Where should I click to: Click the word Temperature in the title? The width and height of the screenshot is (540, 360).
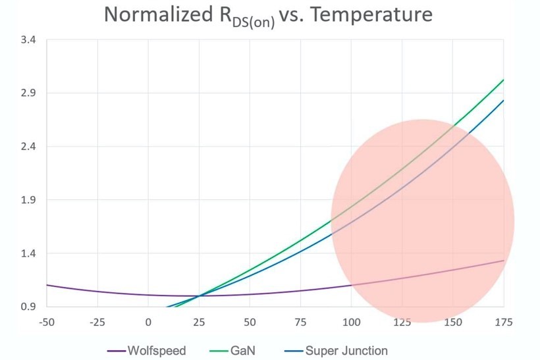click(368, 14)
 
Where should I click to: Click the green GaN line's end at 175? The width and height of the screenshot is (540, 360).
click(504, 80)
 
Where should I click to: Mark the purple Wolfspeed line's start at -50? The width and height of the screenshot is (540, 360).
click(47, 285)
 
